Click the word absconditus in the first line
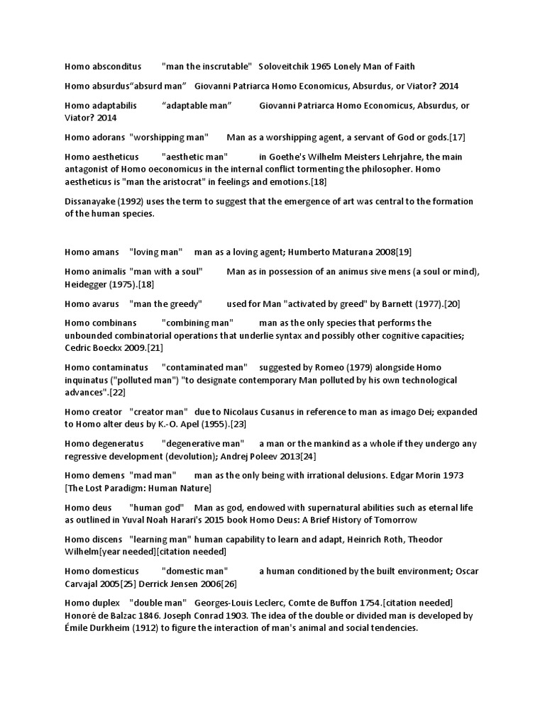pos(117,67)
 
